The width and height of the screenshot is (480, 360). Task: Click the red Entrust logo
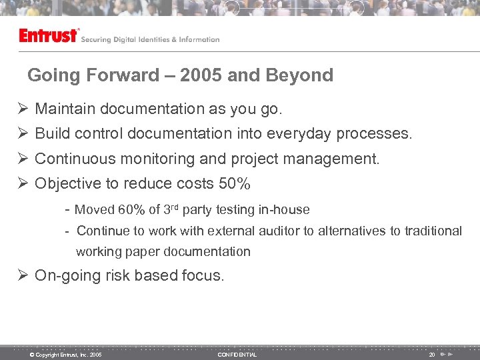49,35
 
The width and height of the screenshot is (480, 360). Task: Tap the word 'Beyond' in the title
299,75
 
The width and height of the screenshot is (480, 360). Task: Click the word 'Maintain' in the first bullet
64,109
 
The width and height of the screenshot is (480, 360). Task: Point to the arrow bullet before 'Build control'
23,134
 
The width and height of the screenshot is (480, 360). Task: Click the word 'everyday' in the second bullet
299,134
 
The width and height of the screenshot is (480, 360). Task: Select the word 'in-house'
284,210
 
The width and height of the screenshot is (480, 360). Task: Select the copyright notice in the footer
65,355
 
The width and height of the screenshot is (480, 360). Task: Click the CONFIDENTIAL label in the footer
237,355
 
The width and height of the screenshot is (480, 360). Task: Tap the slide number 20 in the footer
432,355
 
